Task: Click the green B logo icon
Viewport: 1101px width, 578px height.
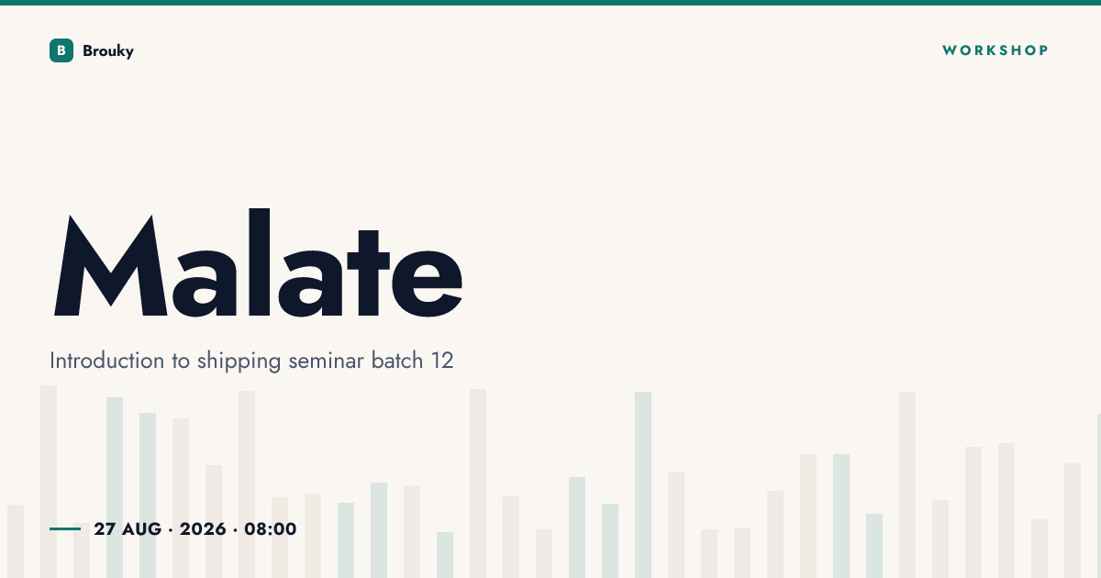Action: point(61,50)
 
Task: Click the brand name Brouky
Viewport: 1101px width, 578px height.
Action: point(108,51)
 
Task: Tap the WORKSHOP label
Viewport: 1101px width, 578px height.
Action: point(995,50)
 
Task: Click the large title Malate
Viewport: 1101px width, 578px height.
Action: point(258,263)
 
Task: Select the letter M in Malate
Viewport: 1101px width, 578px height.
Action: point(111,265)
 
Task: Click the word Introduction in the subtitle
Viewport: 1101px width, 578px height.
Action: point(106,361)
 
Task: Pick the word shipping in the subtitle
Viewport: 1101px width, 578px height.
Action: point(239,361)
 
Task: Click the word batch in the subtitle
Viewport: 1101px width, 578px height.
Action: point(397,361)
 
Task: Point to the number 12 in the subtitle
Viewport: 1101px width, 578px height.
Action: point(442,361)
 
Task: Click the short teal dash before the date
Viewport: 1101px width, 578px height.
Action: point(65,528)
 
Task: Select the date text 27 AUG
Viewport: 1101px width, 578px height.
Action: point(128,529)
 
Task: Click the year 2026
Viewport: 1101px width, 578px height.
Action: point(203,529)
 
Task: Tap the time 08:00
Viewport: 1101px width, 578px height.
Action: point(271,529)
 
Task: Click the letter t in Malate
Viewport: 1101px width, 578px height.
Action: point(369,272)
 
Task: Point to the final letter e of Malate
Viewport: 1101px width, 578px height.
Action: point(428,283)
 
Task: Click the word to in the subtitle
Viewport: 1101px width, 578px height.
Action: point(181,361)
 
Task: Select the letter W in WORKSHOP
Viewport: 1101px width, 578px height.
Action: point(950,50)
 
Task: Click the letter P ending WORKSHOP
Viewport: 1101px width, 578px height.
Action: point(1043,50)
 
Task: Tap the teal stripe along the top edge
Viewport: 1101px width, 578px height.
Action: point(550,3)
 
